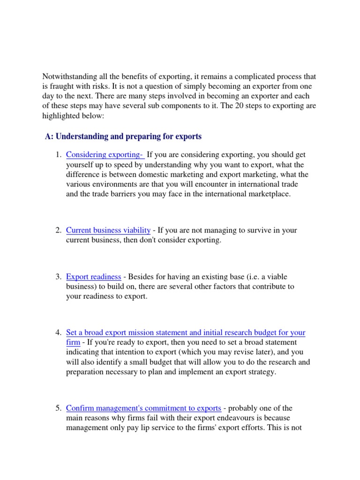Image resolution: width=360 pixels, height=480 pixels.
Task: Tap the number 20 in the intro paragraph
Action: (249, 105)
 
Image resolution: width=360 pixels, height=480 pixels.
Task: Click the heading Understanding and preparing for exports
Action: (123, 136)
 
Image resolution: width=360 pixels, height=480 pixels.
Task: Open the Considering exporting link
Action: (105, 155)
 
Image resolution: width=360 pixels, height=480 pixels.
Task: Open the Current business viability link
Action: (108, 230)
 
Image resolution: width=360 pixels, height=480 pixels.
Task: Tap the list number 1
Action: (58, 155)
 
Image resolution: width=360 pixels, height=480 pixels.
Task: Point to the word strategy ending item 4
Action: (265, 372)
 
